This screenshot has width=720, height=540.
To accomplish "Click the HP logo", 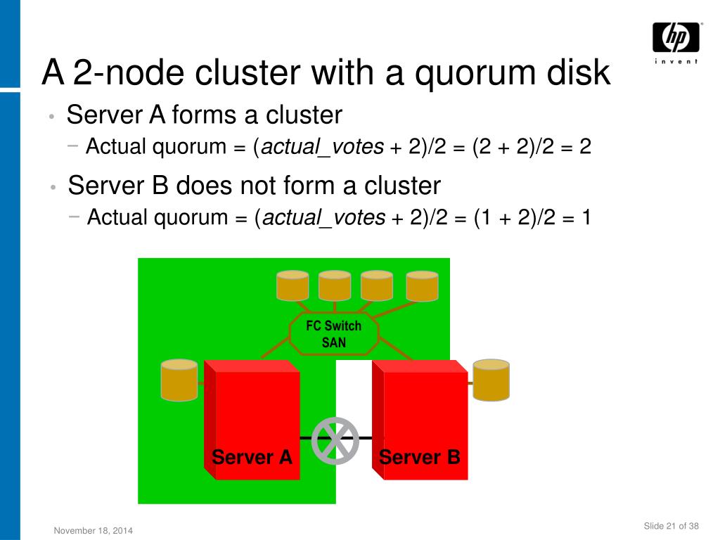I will click(x=676, y=37).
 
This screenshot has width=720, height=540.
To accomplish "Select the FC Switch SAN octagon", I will click(x=334, y=335).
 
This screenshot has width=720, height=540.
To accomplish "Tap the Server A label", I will click(x=252, y=457).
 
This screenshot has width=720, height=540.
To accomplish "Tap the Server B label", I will click(x=420, y=457).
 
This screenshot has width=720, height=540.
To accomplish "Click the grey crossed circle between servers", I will click(x=335, y=441).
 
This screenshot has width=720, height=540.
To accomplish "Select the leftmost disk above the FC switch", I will click(x=292, y=285).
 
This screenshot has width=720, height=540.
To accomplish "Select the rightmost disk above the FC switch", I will click(x=422, y=285).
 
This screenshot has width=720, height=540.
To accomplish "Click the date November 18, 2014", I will click(x=94, y=530).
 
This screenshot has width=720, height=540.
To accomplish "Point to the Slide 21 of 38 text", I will click(x=671, y=527).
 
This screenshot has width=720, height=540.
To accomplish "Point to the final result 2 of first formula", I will click(x=585, y=147).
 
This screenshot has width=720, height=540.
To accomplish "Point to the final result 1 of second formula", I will click(x=586, y=218).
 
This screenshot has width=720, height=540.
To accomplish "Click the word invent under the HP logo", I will click(x=676, y=61).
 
